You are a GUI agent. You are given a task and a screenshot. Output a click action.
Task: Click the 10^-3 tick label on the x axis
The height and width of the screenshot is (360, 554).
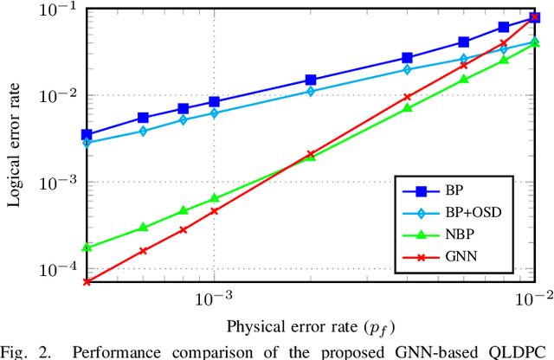tap(214, 299)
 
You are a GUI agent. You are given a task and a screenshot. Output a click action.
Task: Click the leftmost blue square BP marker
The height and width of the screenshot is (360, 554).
tap(87, 135)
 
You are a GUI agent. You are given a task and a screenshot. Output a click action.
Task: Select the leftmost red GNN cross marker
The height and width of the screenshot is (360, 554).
tap(87, 282)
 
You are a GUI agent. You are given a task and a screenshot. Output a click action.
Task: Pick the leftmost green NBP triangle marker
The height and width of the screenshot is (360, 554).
tap(87, 247)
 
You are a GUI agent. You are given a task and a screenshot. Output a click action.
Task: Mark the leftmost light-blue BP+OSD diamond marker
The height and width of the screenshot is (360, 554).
tap(87, 142)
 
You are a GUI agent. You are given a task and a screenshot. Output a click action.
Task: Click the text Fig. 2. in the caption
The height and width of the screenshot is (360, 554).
tap(22, 352)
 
